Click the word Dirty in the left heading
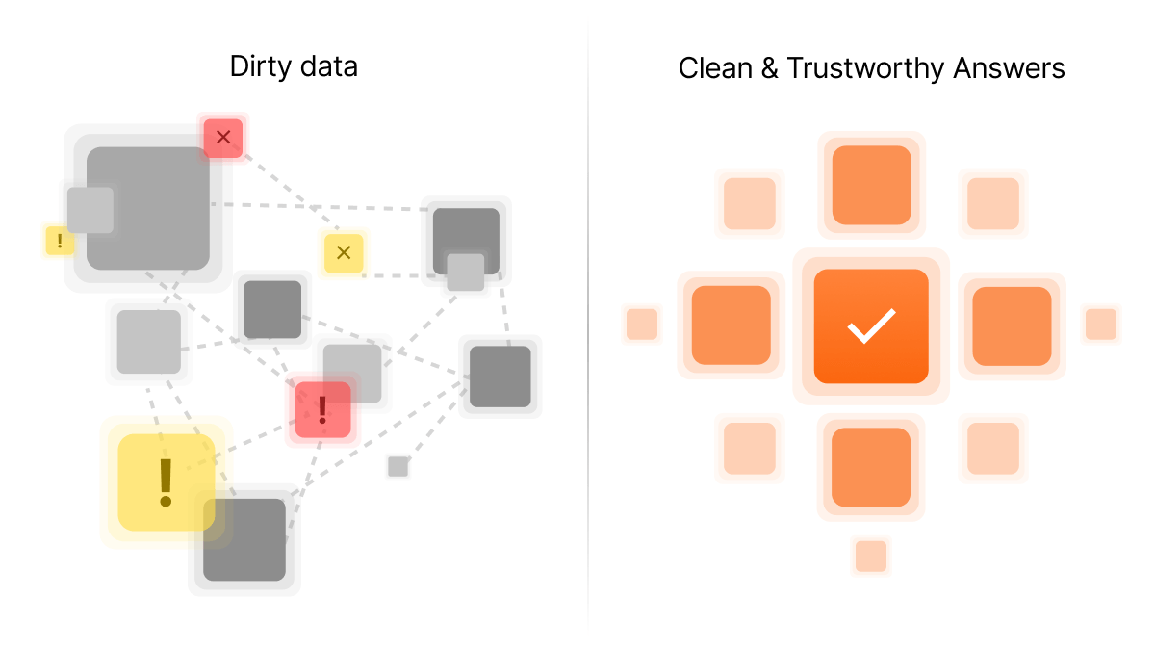(x=261, y=67)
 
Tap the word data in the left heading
(x=329, y=66)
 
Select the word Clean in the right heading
(x=715, y=68)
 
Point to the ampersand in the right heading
(x=769, y=68)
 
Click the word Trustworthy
(x=865, y=69)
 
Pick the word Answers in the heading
(x=1009, y=68)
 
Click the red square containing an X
(x=223, y=138)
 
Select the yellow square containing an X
(x=344, y=252)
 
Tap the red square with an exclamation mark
(x=322, y=409)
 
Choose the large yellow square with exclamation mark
(x=166, y=482)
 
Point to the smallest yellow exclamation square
(x=60, y=241)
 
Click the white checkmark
(x=871, y=325)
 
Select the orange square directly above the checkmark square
(x=871, y=185)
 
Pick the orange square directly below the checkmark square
(x=871, y=467)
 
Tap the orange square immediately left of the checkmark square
(x=731, y=325)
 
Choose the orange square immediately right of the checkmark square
(x=1012, y=326)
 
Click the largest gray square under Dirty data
(x=148, y=208)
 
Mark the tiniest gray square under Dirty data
(x=398, y=467)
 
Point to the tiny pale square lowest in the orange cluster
(x=871, y=557)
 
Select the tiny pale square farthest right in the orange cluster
(x=1101, y=324)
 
